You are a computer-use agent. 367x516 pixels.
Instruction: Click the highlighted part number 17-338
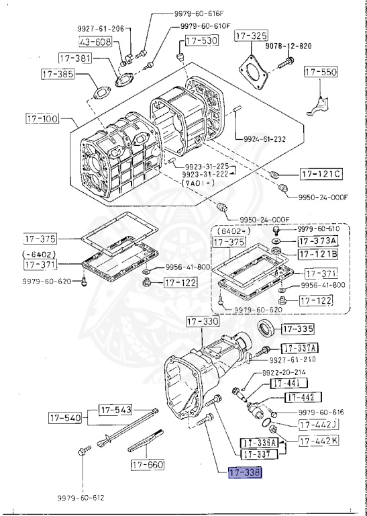(245, 473)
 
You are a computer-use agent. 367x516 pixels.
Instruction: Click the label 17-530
(201, 41)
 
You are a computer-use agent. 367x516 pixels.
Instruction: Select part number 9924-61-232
(261, 139)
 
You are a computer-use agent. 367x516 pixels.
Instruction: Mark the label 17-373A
(318, 241)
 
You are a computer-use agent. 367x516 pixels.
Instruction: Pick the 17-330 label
(202, 322)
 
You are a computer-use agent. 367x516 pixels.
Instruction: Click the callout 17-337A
(299, 347)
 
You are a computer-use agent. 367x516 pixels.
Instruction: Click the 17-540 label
(64, 418)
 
